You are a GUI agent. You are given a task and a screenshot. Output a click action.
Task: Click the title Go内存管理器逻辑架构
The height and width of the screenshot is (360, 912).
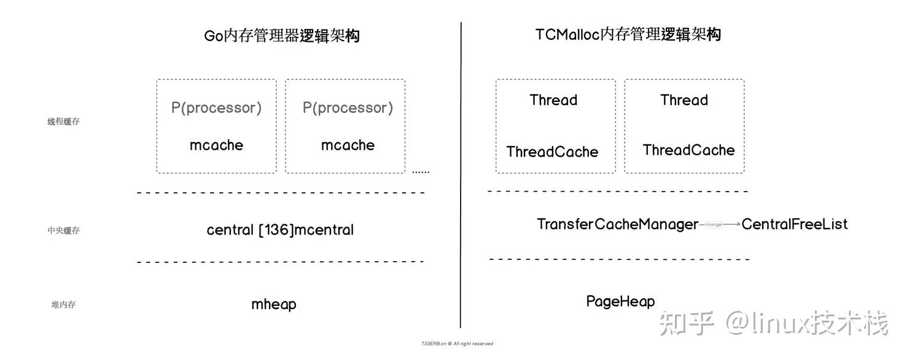[x=282, y=36]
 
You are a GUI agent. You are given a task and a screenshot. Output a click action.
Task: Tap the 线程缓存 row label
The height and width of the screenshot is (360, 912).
[x=64, y=122]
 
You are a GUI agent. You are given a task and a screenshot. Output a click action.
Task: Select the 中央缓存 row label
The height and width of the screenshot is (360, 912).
[x=64, y=230]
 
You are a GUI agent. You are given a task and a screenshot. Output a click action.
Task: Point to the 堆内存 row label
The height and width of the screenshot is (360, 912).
[x=64, y=304]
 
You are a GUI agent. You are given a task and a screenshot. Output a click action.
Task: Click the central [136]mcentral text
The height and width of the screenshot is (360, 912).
[x=280, y=230]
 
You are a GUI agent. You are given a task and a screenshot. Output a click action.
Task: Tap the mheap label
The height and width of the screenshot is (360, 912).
[x=274, y=304]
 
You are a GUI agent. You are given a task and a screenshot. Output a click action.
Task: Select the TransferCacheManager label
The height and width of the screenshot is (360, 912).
[x=617, y=224]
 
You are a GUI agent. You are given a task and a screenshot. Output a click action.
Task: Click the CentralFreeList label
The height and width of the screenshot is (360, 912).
[x=794, y=224]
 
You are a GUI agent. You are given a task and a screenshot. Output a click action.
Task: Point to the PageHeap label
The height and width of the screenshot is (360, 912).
[x=620, y=302]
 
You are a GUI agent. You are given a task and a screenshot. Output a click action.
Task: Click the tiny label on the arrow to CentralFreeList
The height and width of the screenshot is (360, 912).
[x=714, y=225]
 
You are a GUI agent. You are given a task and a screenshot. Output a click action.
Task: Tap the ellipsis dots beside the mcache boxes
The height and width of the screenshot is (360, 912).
[x=421, y=172]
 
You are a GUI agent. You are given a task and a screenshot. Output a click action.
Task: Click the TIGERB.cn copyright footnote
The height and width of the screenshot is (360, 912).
[x=457, y=344]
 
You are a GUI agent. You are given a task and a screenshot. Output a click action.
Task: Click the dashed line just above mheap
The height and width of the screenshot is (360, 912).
[x=280, y=262]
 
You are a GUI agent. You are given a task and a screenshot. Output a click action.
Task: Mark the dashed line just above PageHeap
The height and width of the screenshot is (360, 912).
[x=619, y=259]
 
